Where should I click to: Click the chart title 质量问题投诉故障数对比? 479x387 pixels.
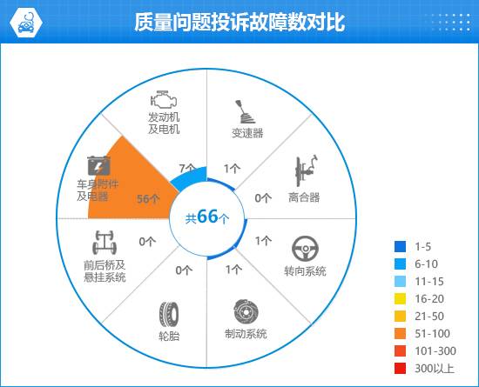coord(239,22)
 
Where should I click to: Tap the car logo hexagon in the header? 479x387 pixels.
coord(25,23)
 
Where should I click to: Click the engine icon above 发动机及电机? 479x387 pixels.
coord(164,99)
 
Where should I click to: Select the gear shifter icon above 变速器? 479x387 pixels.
coord(245,111)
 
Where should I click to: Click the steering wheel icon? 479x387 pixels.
coord(305,249)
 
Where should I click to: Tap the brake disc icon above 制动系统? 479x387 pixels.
coord(246,311)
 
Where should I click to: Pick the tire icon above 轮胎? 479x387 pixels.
coord(169,314)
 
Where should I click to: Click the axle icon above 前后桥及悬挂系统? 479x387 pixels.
coord(105,243)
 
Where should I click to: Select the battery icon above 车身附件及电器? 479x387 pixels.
coord(98,165)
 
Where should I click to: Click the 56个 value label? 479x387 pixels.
coord(148,199)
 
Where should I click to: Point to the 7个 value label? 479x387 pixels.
coord(187,169)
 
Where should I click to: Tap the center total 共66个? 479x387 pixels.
coord(207,217)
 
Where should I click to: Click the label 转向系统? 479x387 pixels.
coord(305,270)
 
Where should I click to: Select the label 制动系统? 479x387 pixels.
coord(246,334)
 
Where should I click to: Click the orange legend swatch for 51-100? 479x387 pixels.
coord(401,334)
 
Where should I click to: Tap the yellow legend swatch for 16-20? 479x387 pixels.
coord(401,299)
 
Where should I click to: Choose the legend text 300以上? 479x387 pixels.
coord(434,369)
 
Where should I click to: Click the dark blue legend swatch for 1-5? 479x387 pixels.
coord(401,246)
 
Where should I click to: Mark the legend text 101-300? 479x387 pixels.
coord(435,351)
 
